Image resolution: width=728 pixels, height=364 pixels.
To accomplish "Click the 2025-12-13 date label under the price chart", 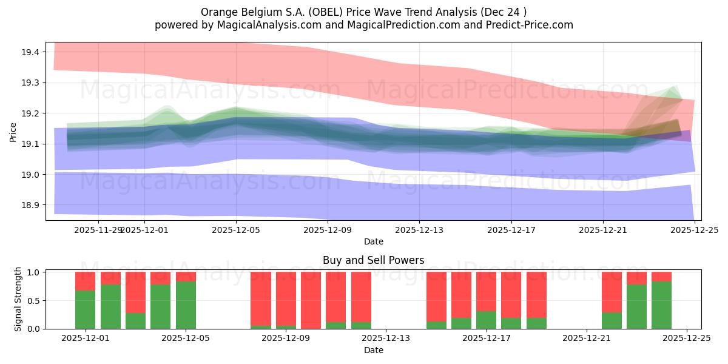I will pyautogui.click(x=419, y=230).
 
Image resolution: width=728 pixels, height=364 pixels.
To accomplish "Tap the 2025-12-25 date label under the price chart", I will pyautogui.click(x=695, y=230).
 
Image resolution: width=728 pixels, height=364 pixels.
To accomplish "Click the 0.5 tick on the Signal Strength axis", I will pyautogui.click(x=34, y=300).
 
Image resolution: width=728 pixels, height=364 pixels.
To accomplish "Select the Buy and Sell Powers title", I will pyautogui.click(x=373, y=260).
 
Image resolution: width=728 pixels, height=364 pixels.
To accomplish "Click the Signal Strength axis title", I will pyautogui.click(x=18, y=300).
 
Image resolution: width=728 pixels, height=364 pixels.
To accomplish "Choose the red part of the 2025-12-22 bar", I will pyautogui.click(x=612, y=292).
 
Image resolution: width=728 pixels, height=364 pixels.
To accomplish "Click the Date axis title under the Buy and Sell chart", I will pyautogui.click(x=373, y=350).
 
